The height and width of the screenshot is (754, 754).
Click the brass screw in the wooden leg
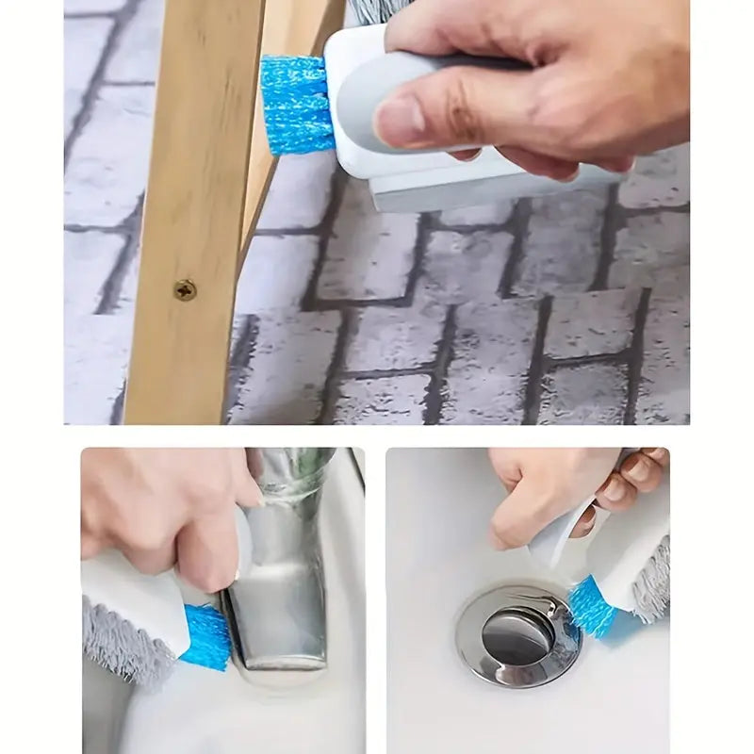[186, 289]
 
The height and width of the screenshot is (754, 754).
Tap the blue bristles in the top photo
[296, 105]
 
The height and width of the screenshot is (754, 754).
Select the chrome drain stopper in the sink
[517, 637]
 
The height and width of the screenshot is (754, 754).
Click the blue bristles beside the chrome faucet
[205, 636]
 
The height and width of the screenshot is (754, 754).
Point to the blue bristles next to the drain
[592, 604]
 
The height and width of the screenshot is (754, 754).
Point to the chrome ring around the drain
[471, 650]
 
